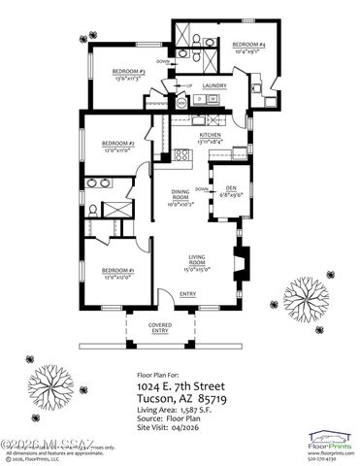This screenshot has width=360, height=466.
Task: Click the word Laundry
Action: pyautogui.click(x=214, y=85)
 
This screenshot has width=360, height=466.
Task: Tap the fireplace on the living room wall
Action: pyautogui.click(x=244, y=262)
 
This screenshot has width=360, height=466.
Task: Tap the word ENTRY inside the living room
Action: pyautogui.click(x=188, y=294)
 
